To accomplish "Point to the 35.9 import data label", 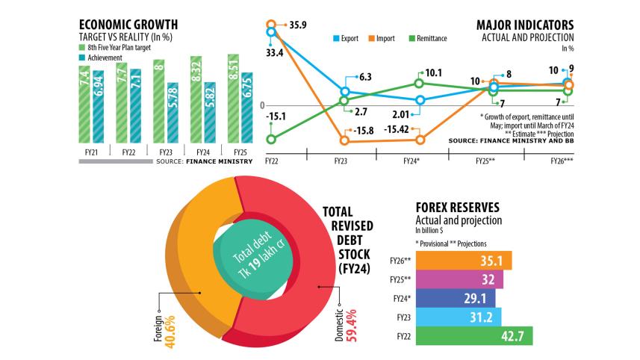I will pos(298,24).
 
